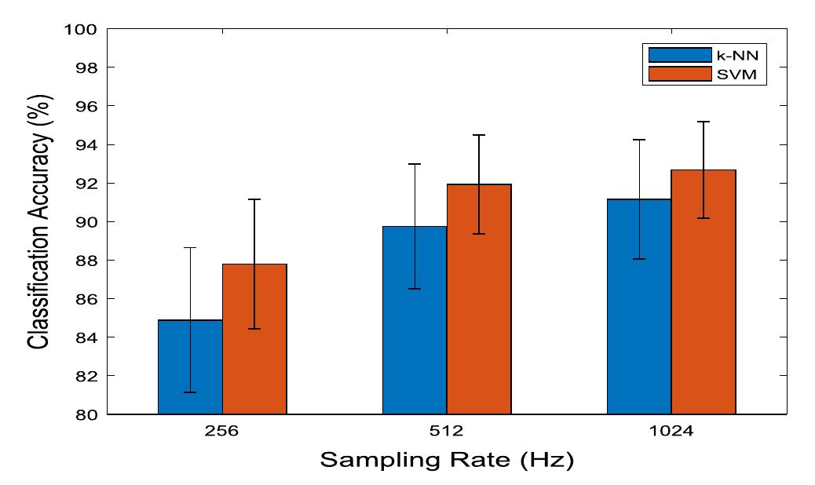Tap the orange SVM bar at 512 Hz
click(479, 299)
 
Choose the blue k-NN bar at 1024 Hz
click(639, 307)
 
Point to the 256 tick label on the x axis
click(222, 431)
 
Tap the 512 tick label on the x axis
click(447, 431)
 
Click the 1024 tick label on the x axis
click(671, 431)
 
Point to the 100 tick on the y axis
click(84, 30)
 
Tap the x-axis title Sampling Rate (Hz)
click(446, 460)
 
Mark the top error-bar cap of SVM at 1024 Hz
click(704, 122)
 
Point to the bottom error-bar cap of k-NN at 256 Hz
click(190, 392)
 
